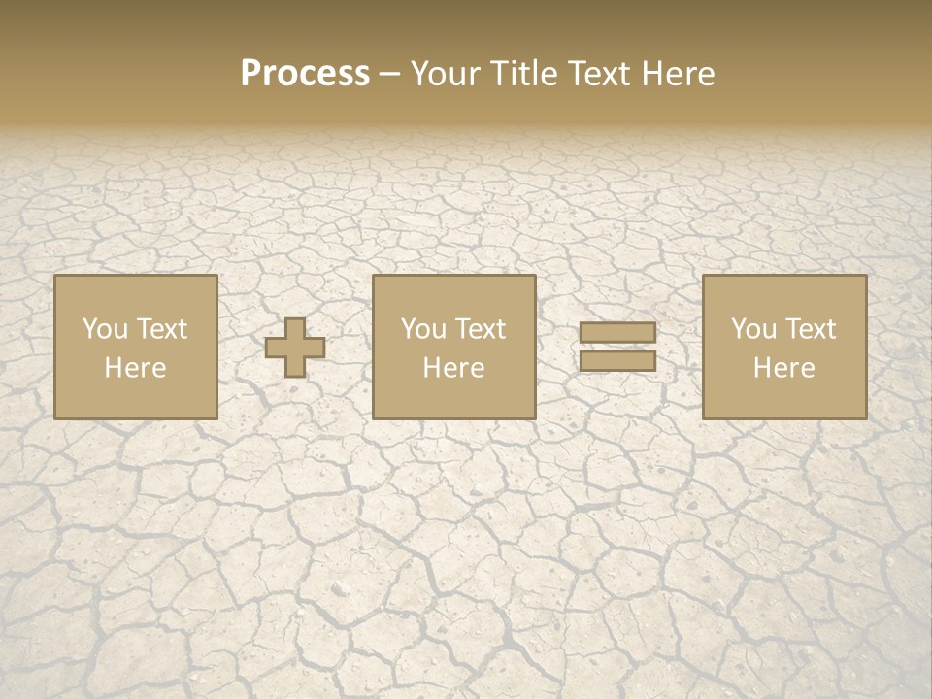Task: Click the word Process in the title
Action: click(x=305, y=74)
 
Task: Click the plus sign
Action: click(x=295, y=348)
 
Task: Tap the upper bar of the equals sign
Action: click(x=617, y=333)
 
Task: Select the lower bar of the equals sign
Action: click(x=617, y=361)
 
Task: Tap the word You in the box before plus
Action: click(x=104, y=329)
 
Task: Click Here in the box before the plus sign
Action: click(x=135, y=368)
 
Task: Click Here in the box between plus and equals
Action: click(x=453, y=368)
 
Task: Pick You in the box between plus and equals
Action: click(x=422, y=329)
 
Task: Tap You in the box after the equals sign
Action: click(x=752, y=329)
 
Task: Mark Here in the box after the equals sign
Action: click(x=784, y=368)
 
